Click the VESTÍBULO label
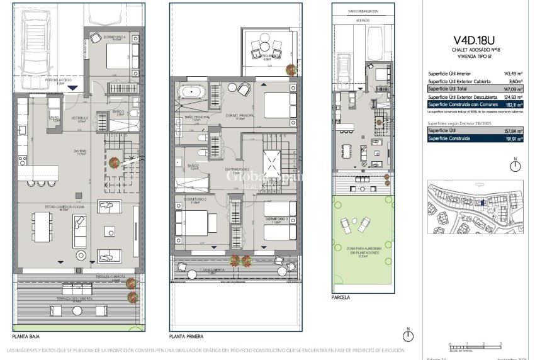click(x=79, y=118)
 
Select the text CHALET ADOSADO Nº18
click(x=476, y=49)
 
